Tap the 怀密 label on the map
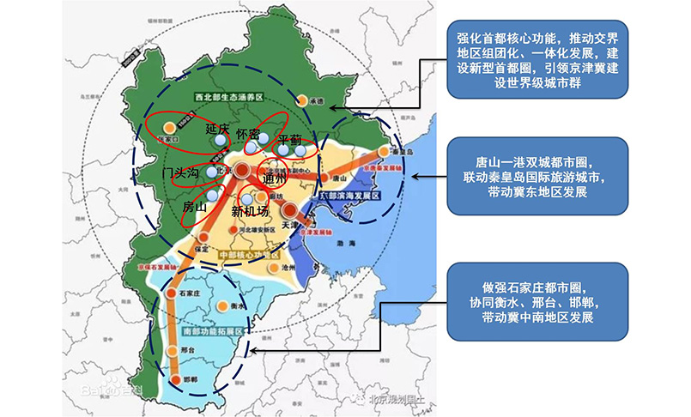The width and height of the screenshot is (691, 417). pos(253,136)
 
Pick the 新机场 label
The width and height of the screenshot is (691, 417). pos(251,210)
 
